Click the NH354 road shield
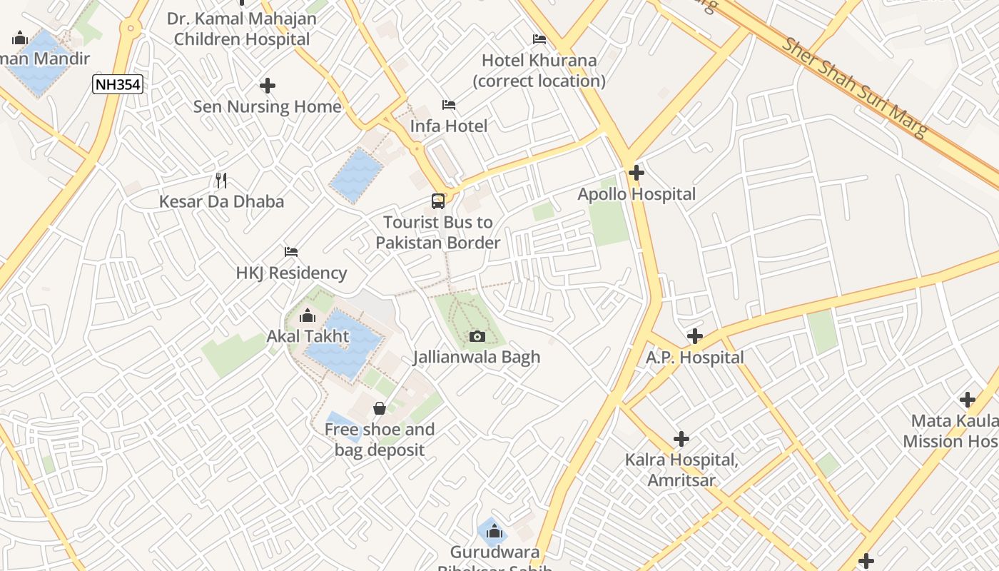tap(118, 85)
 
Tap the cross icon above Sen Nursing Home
tap(268, 86)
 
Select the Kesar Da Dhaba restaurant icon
tap(221, 180)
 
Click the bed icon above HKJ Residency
tap(291, 251)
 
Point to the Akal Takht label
tap(308, 336)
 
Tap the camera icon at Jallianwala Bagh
tap(477, 336)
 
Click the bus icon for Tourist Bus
tap(438, 201)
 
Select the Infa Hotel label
tap(449, 126)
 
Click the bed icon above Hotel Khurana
tap(539, 39)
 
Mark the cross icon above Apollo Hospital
tap(637, 173)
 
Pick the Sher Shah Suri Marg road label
tap(854, 87)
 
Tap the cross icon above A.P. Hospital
tap(695, 336)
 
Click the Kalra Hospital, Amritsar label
tap(681, 470)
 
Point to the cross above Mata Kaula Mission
tap(968, 400)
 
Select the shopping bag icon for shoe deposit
tap(380, 408)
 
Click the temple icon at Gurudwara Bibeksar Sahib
tap(494, 531)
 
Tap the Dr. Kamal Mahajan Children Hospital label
tap(242, 29)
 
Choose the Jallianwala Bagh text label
tap(477, 357)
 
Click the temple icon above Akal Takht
tap(308, 315)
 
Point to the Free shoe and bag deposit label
tap(380, 440)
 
